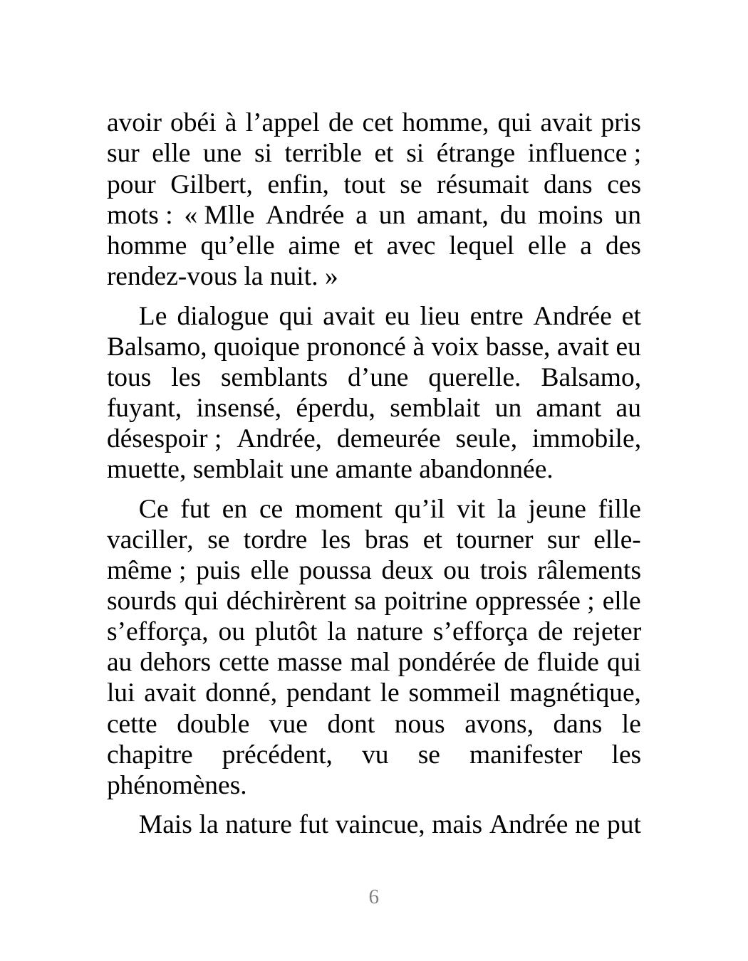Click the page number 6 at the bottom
pos(373,897)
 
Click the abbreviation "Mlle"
pos(227,216)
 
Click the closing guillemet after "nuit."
pos(331,277)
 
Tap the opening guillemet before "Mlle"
pos(190,216)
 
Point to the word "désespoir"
pos(157,439)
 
